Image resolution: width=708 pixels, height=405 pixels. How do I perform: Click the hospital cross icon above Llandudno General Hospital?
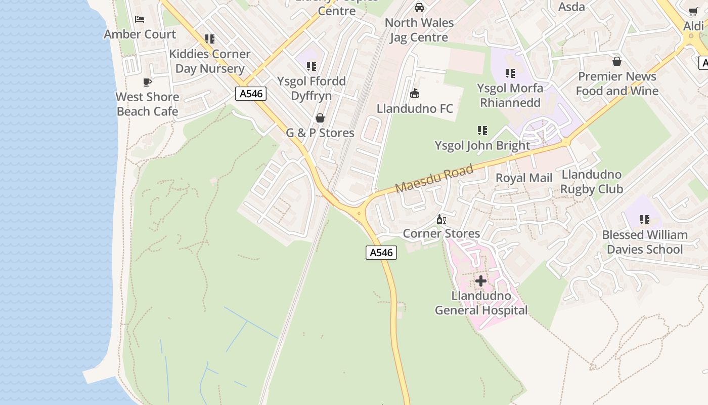(x=481, y=280)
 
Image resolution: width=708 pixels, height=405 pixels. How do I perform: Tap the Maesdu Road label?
(x=434, y=178)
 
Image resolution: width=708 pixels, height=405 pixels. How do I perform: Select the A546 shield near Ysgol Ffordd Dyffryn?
(x=251, y=94)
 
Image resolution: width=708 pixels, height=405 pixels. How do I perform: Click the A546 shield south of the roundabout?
(x=381, y=253)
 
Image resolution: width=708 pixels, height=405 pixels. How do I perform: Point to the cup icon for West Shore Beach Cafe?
(x=147, y=82)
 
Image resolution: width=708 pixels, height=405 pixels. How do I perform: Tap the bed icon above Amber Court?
(x=140, y=19)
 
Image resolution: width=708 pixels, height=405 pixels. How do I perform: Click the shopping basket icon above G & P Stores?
(x=320, y=118)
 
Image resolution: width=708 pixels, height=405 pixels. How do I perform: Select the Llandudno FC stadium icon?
(x=415, y=94)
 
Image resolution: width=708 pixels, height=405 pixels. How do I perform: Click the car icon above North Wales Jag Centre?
(x=419, y=8)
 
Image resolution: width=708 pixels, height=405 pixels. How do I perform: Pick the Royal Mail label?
(x=524, y=178)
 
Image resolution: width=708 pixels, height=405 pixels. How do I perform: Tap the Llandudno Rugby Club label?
(x=592, y=182)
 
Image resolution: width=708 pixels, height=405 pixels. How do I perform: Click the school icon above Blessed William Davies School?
(x=644, y=220)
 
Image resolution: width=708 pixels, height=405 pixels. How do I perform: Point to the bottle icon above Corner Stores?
(x=441, y=220)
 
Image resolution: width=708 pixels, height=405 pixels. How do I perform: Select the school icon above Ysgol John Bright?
(x=482, y=131)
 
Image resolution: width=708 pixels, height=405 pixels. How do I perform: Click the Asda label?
(x=571, y=7)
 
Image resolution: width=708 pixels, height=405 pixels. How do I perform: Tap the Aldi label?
(x=693, y=26)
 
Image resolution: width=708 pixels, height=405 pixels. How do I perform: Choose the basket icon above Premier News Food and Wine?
(x=616, y=62)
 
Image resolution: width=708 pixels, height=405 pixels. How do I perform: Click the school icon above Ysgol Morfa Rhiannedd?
(x=510, y=73)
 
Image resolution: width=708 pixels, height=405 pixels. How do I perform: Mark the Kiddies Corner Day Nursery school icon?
(x=210, y=39)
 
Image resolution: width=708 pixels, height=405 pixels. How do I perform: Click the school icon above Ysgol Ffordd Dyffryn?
(x=312, y=66)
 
